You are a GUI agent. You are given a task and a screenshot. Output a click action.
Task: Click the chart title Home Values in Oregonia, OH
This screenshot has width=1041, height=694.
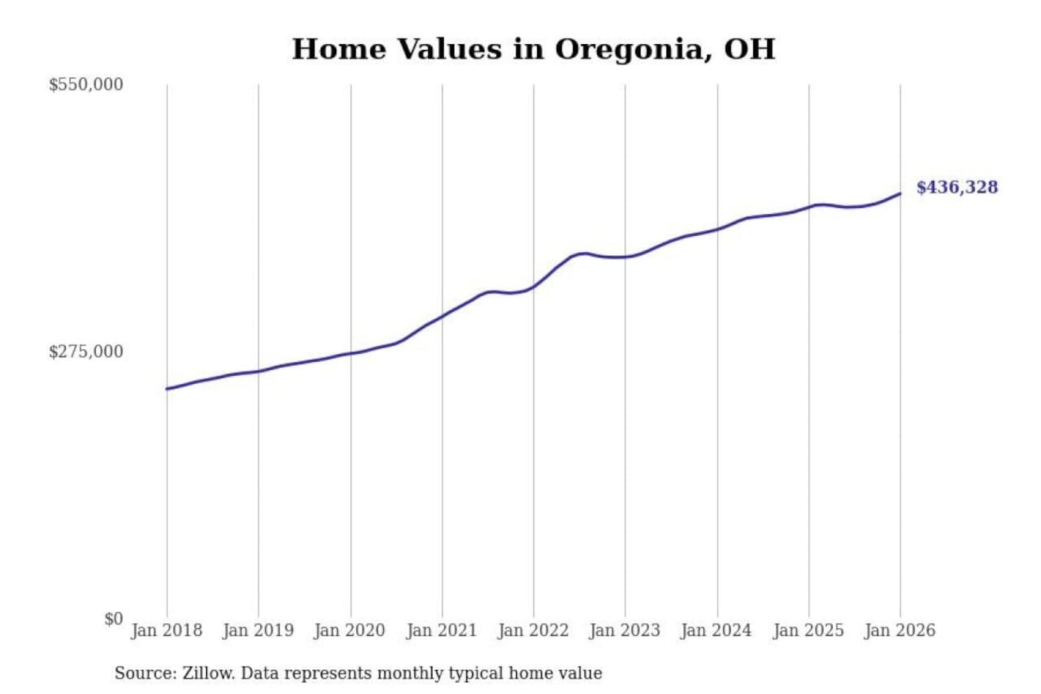[x=534, y=49]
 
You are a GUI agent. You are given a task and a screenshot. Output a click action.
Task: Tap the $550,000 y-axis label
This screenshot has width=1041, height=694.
[x=86, y=85]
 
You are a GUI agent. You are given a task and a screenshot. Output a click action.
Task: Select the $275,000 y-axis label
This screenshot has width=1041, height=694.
[x=86, y=352]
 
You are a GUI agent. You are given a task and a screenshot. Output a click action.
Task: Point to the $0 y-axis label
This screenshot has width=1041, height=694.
[x=113, y=619]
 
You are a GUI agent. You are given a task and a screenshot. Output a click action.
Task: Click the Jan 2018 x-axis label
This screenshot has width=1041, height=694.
[x=166, y=630]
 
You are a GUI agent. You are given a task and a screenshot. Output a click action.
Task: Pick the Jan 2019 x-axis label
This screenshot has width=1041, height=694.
[x=258, y=630]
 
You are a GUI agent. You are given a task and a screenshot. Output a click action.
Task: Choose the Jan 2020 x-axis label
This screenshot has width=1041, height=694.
[x=350, y=630]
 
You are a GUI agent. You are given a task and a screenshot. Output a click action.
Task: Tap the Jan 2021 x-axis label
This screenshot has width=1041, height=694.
[x=442, y=630]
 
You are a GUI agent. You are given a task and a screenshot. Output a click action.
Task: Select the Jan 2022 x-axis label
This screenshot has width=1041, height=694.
[x=534, y=630]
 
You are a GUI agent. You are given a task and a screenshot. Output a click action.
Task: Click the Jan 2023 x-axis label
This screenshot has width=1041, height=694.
[x=625, y=630]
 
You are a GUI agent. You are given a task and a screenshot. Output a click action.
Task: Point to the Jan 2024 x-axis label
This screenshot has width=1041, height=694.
[x=716, y=630]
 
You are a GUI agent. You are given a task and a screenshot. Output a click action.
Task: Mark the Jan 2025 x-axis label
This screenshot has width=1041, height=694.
[x=808, y=630]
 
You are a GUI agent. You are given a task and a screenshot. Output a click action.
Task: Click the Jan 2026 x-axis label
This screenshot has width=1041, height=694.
[x=900, y=630]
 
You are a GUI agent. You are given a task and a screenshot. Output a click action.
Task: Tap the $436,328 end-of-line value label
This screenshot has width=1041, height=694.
[x=957, y=187]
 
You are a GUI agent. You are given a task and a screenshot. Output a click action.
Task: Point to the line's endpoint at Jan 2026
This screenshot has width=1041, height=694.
[x=900, y=194]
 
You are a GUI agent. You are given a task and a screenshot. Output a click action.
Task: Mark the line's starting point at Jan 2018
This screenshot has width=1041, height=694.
[x=167, y=389]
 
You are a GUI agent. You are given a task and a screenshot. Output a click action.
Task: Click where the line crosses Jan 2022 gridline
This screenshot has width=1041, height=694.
[x=534, y=286]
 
